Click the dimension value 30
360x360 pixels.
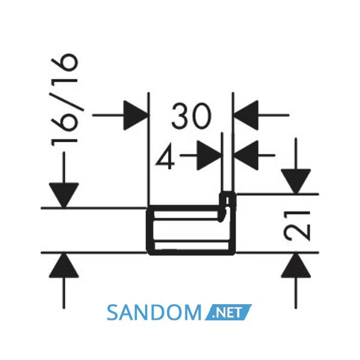191,116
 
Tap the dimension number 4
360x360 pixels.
164,157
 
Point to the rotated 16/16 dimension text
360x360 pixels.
64,100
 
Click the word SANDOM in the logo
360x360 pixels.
154,312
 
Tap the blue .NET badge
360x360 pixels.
229,312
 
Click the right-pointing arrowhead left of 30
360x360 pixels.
136,115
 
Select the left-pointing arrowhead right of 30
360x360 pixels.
246,115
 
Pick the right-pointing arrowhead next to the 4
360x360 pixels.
209,155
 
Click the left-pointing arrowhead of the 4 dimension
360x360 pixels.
246,155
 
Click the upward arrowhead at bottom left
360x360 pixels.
64,265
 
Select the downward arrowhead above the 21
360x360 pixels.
296,182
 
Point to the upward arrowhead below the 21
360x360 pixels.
296,265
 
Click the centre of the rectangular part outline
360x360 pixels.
191,230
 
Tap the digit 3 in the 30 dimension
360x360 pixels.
180,116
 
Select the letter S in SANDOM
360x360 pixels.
113,313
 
